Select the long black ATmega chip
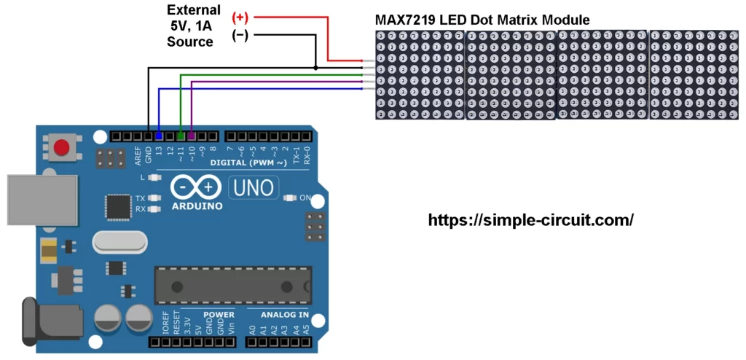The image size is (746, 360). pyautogui.click(x=232, y=285)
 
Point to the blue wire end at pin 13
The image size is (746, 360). pyautogui.click(x=159, y=136)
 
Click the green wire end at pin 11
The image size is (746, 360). pyautogui.click(x=181, y=136)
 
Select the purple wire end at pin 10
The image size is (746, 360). pyautogui.click(x=191, y=136)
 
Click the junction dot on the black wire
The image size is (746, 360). pyautogui.click(x=315, y=68)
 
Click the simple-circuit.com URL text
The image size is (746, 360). pyautogui.click(x=530, y=219)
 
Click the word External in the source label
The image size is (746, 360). pyautogui.click(x=193, y=10)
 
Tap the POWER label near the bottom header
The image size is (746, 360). pyautogui.click(x=219, y=315)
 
